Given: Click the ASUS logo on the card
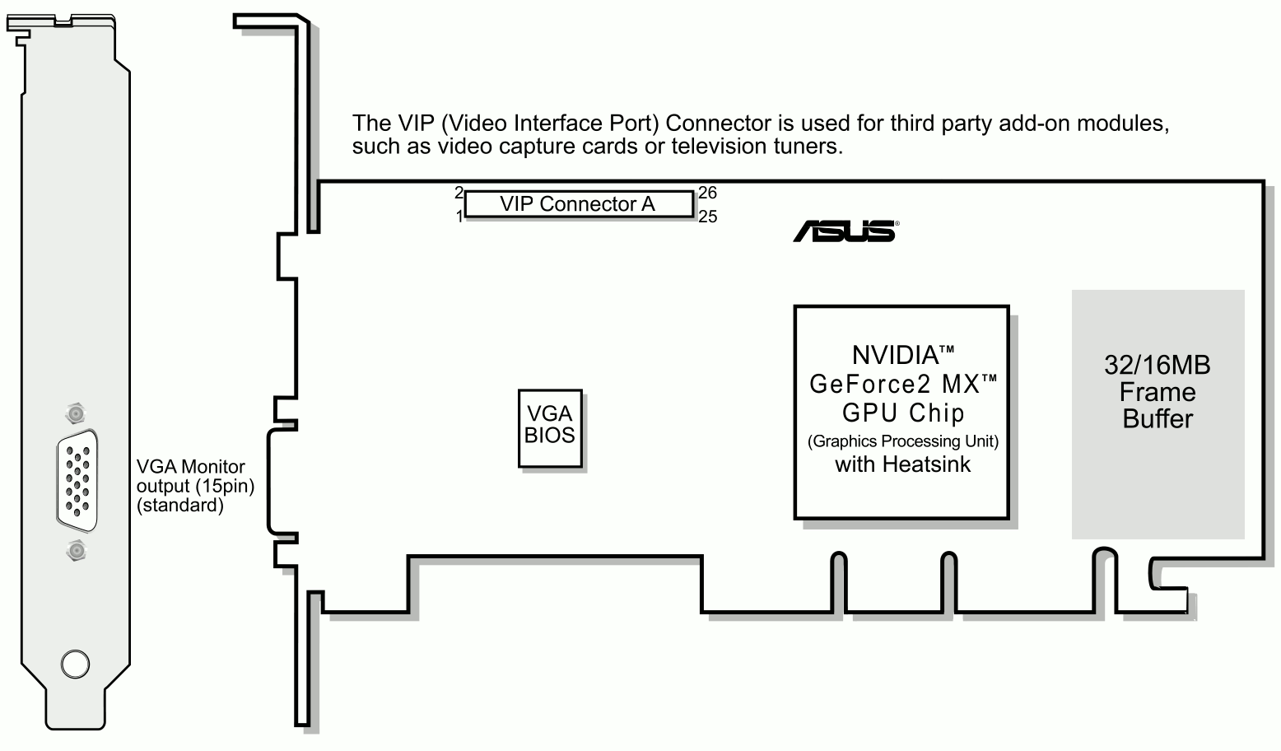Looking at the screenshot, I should tap(845, 231).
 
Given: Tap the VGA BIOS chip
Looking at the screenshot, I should tap(550, 428).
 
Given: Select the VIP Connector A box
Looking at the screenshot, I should tap(578, 204).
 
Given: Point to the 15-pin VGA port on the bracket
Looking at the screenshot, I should tap(77, 480).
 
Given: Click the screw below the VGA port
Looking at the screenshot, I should tap(76, 550).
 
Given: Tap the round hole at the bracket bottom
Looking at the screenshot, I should tap(75, 664).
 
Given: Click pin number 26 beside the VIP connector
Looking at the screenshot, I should tap(708, 194).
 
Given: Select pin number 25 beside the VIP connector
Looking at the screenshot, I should tap(708, 217).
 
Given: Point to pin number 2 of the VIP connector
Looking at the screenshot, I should tap(459, 193).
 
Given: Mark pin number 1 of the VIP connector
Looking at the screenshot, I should tap(459, 217).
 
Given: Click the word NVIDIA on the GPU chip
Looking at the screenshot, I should tap(895, 355).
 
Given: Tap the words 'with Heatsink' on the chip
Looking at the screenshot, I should tap(902, 464).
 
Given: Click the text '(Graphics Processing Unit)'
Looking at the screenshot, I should tap(902, 441).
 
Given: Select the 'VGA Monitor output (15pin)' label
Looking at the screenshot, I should tap(195, 477).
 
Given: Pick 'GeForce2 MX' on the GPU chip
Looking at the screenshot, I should tap(895, 384).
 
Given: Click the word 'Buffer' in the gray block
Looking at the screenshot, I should tap(1157, 419).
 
